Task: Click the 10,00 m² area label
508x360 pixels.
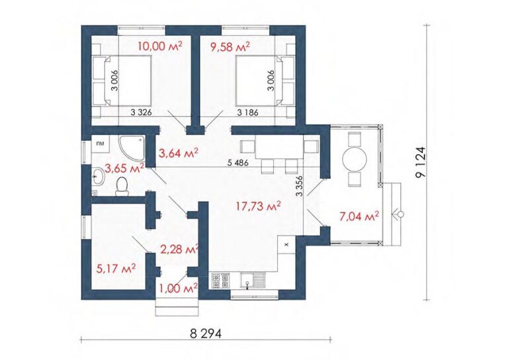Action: coord(160,46)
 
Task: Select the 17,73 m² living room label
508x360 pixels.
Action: coord(258,206)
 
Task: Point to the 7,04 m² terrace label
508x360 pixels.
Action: coord(359,216)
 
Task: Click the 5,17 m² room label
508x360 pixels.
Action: coord(116,268)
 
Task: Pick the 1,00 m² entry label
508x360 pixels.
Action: coord(179,288)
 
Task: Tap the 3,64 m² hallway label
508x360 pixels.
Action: coord(179,153)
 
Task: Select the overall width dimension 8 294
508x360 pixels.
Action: coord(206,333)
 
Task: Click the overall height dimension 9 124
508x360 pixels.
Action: coord(421,161)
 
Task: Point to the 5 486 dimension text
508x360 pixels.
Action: coord(238,163)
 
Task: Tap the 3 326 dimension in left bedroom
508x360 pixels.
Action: coord(142,112)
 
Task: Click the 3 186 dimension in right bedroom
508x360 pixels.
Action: coord(248,112)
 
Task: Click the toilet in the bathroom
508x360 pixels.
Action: coord(122,186)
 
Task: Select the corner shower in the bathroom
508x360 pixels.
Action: coord(132,148)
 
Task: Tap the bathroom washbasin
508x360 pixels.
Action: coord(97,177)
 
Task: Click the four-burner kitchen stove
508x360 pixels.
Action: coord(221,281)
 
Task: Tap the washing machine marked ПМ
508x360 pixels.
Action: coord(101,144)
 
